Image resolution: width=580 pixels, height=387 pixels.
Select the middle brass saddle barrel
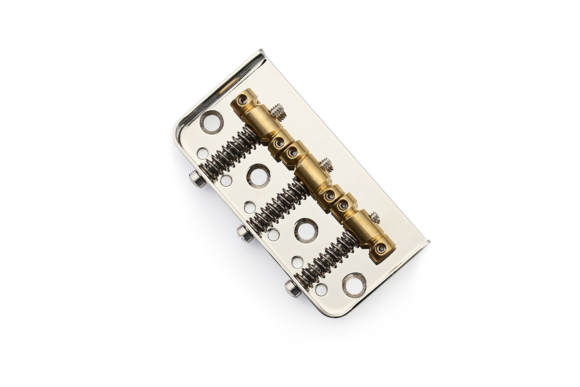tap(311, 172)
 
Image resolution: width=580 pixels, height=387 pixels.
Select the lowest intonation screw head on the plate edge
tap(292, 289)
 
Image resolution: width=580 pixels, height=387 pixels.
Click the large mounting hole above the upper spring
tap(211, 122)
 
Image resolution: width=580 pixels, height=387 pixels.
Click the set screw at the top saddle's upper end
tap(243, 99)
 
